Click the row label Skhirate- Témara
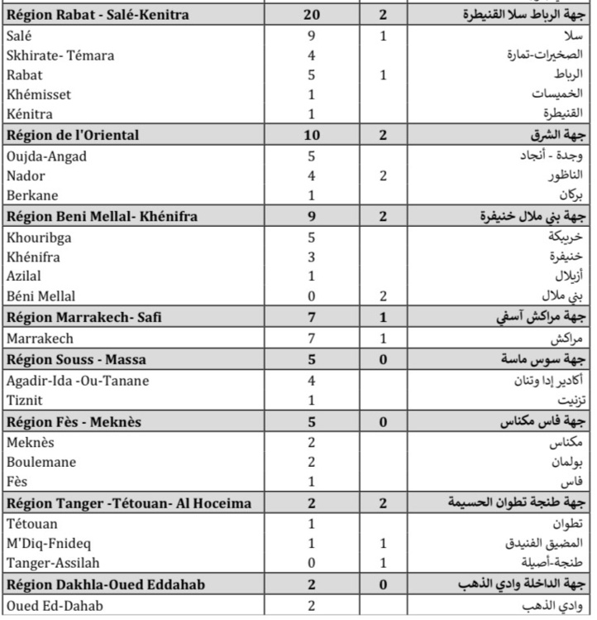tap(60, 55)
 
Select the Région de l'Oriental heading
tap(73, 135)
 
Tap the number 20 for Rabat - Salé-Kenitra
tap(311, 16)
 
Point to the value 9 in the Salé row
tap(311, 36)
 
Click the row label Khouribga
tap(39, 237)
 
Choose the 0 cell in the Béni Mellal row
tap(311, 296)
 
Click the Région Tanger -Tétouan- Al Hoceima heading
tap(129, 503)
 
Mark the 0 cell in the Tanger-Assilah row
tap(311, 563)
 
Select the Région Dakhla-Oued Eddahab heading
tap(105, 584)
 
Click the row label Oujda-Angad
tap(45, 156)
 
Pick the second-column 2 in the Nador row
tap(383, 175)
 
